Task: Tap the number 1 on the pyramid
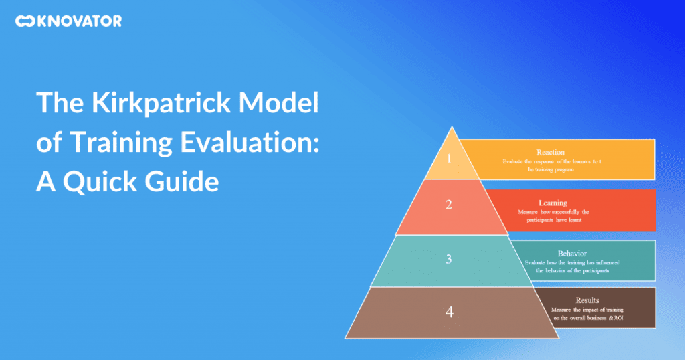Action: point(450,159)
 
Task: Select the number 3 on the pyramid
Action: point(450,260)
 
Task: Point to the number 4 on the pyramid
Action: point(450,312)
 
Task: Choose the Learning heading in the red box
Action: point(553,203)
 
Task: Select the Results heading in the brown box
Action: point(587,300)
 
